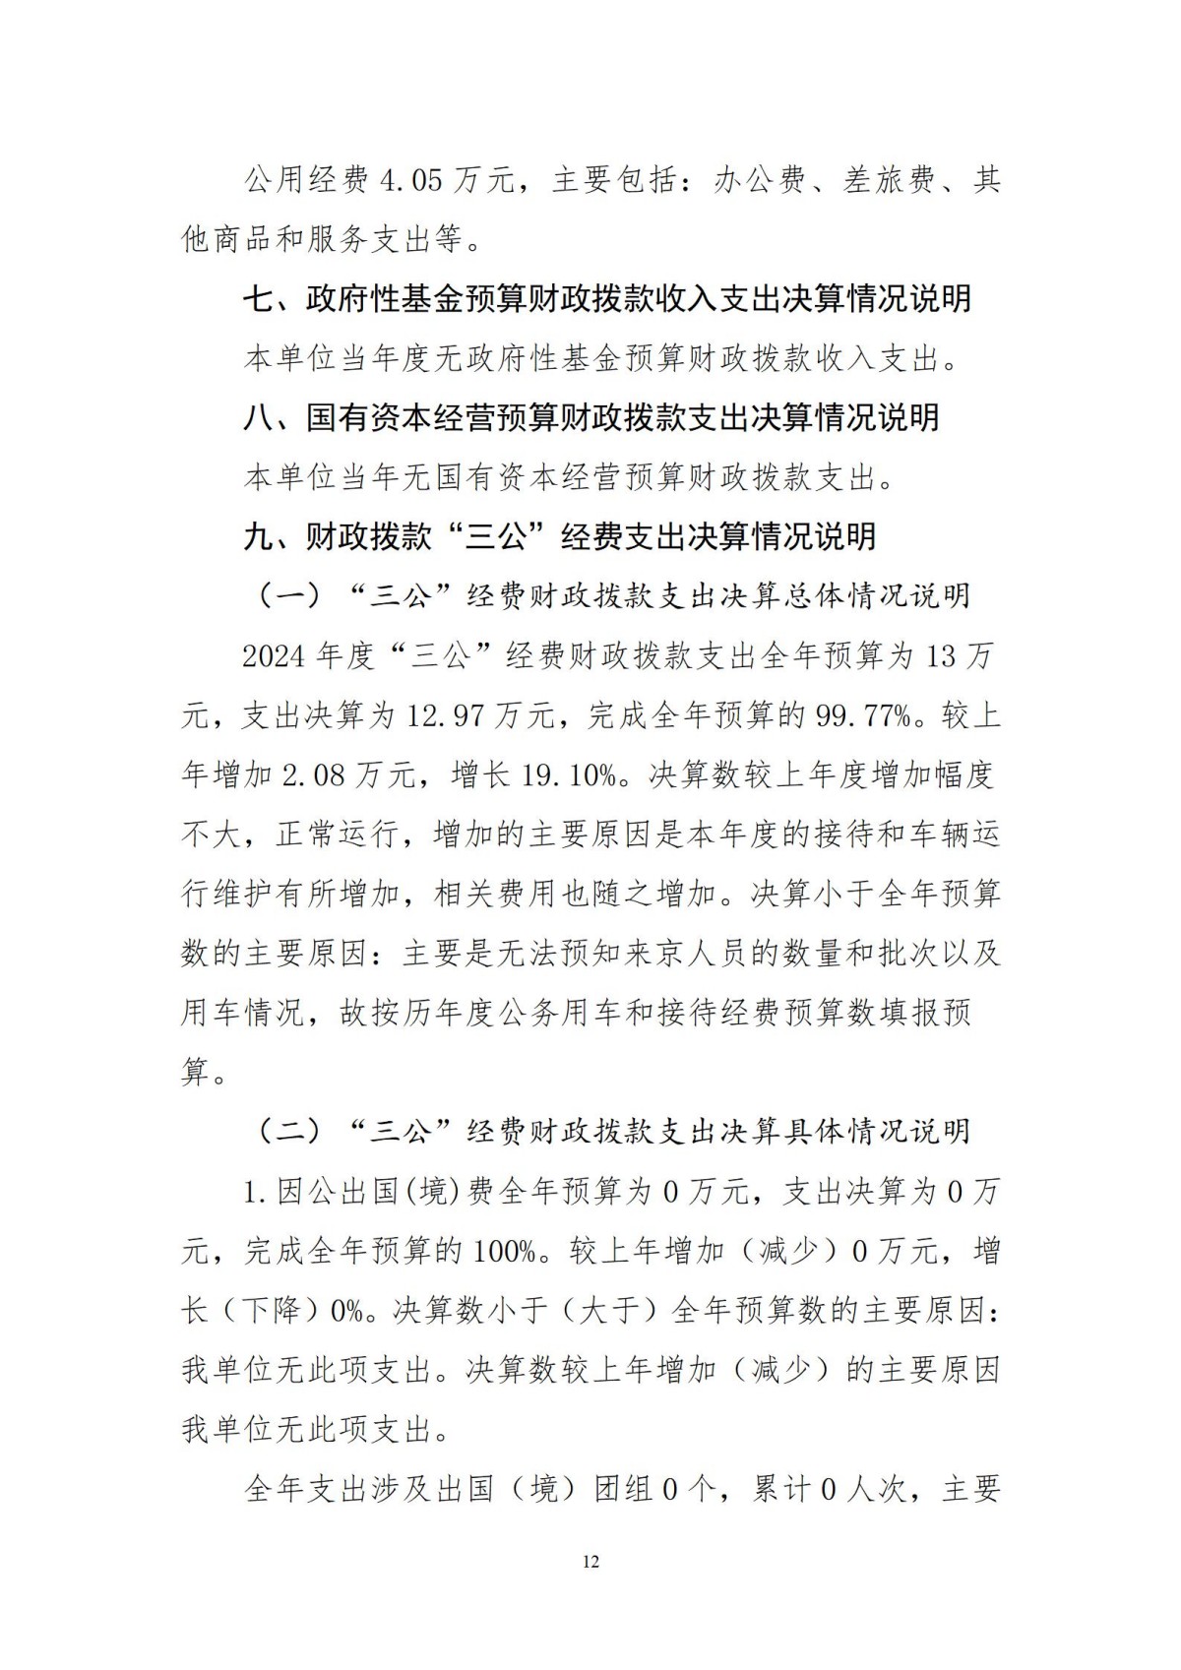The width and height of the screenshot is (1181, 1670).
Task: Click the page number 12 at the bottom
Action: (590, 1562)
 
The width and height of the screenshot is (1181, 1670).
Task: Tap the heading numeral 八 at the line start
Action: (259, 418)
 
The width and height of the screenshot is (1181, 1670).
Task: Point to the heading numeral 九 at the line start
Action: (259, 537)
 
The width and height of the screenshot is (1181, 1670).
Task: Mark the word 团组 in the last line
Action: (623, 1489)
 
